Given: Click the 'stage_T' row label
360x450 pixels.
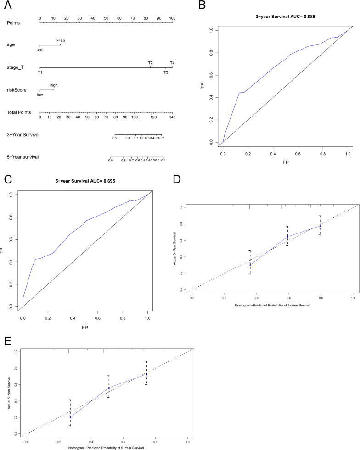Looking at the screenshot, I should pos(15,67).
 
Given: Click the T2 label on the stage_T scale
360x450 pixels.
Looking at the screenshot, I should pos(150,63).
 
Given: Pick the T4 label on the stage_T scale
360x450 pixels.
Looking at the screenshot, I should pos(172,63).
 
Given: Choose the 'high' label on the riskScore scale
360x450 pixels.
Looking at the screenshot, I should pos(54,85).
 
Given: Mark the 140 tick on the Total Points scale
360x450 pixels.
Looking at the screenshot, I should pos(172,117).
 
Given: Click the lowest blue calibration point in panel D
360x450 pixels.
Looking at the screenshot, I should pos(250,265).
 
